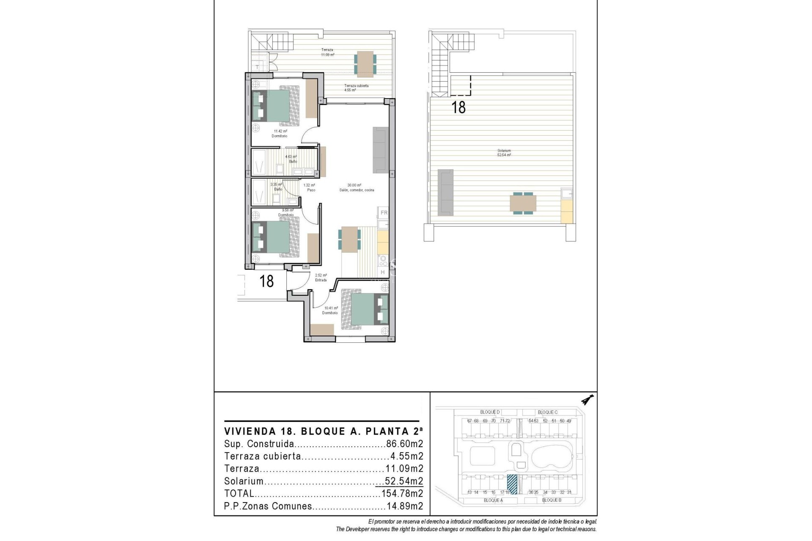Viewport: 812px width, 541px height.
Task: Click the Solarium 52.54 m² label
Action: point(504,153)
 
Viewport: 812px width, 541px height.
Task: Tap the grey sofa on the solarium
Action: point(445,191)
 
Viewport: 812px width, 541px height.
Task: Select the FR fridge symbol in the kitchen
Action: point(384,213)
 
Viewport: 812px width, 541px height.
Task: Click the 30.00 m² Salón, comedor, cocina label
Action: point(356,188)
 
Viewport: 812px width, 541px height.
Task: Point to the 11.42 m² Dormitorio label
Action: point(280,134)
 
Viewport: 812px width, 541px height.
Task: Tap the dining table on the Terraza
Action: point(364,64)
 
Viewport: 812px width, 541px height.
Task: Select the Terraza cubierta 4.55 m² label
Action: point(356,87)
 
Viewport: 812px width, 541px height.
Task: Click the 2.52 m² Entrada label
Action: point(321,277)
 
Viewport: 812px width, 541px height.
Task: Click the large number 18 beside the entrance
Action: point(266,281)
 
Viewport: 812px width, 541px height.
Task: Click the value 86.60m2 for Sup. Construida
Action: point(404,444)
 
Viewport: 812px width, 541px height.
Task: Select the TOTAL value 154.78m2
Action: point(402,493)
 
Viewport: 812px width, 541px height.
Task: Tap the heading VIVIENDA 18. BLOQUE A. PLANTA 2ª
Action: point(324,432)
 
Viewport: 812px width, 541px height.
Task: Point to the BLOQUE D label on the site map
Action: point(490,412)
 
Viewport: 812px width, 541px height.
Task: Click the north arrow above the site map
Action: point(587,399)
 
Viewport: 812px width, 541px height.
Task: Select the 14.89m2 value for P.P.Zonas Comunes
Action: point(405,506)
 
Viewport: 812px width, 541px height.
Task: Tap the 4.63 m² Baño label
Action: point(291,159)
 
